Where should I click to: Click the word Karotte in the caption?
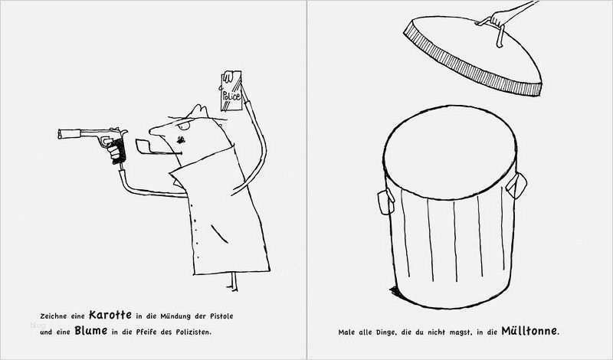coord(110,315)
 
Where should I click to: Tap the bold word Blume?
coord(90,331)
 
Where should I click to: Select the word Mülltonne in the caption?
coord(529,331)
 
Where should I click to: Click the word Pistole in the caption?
coord(221,316)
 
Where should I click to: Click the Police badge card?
coord(231,90)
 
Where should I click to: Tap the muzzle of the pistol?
coord(61,134)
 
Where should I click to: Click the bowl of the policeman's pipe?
coord(141,145)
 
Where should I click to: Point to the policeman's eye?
coord(184,126)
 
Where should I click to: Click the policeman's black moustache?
coord(180,139)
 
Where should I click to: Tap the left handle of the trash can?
coord(385,201)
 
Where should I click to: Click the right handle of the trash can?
coord(516,185)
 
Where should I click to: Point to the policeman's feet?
coord(234,282)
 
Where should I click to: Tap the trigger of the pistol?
coord(104,141)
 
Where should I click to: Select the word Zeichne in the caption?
coord(53,316)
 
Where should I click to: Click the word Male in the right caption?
coord(346,332)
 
